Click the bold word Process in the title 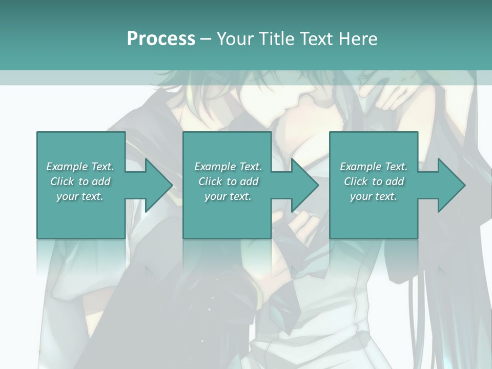click(x=161, y=39)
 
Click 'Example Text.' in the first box click(x=80, y=167)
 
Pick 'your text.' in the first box click(x=80, y=196)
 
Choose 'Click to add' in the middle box click(x=228, y=181)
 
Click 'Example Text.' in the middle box click(x=228, y=167)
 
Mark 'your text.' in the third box click(x=374, y=196)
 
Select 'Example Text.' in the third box click(x=374, y=167)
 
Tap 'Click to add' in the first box click(x=80, y=181)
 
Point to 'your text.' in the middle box click(x=228, y=196)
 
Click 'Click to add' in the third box click(x=374, y=181)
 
